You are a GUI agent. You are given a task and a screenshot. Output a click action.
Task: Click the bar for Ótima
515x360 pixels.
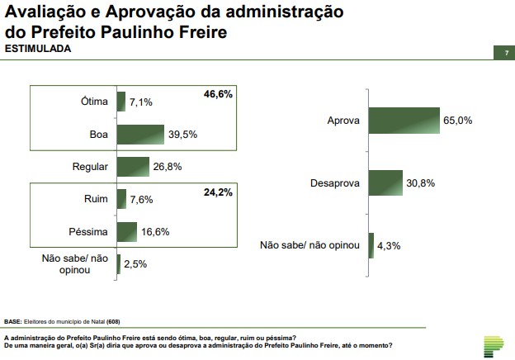click(121, 102)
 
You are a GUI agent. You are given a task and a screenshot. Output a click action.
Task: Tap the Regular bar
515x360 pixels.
click(133, 166)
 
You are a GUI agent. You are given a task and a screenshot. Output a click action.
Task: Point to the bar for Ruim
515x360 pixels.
click(121, 199)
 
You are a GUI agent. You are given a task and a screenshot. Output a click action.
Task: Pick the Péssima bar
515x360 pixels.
click(127, 232)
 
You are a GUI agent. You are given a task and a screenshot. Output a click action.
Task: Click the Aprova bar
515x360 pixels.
click(404, 120)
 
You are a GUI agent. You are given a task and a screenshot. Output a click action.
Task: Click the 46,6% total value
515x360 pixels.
click(218, 95)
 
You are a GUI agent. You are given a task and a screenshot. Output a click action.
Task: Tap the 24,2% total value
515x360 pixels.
click(218, 192)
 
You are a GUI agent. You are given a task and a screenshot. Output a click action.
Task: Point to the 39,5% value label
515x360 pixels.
click(182, 134)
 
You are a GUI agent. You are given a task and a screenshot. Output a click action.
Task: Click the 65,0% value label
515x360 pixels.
click(457, 120)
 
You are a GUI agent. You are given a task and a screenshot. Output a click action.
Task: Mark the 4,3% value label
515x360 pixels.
click(390, 245)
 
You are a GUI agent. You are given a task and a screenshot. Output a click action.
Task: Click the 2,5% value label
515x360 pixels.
click(136, 264)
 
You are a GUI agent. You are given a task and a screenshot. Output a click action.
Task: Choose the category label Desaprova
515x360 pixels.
click(334, 182)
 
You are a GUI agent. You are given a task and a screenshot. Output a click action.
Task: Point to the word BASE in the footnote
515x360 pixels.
click(12, 321)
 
